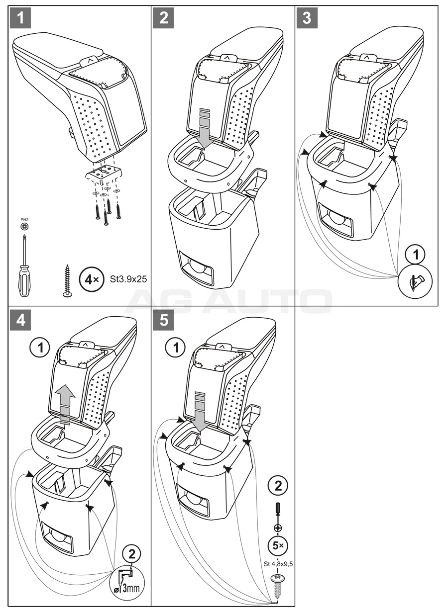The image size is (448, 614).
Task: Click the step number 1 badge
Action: click(x=20, y=18)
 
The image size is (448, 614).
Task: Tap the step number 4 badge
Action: click(x=20, y=321)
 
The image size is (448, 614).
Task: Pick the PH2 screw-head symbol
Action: click(x=24, y=226)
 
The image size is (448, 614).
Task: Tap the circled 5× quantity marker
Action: click(x=278, y=546)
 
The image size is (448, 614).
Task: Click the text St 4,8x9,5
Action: click(x=278, y=564)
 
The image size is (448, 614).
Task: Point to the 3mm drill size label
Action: click(x=130, y=588)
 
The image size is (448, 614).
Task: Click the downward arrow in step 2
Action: click(x=205, y=127)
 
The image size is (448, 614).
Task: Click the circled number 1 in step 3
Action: click(x=417, y=255)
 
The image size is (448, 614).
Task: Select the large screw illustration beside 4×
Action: click(x=67, y=281)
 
